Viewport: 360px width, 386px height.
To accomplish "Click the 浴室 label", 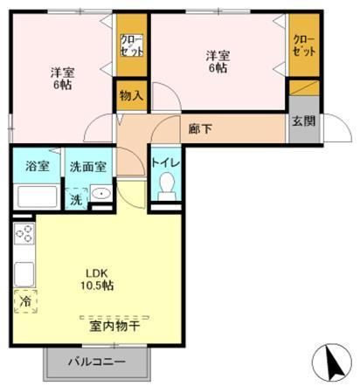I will [x=36, y=166].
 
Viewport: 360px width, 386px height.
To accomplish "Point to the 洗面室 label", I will [x=87, y=166].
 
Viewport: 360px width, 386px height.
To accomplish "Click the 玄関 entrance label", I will [x=303, y=122].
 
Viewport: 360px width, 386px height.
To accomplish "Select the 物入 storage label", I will [x=131, y=96].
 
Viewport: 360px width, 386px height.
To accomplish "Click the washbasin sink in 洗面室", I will [x=101, y=195].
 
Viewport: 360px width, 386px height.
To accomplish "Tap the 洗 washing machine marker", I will [x=76, y=199].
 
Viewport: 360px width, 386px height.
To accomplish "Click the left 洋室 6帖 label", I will [x=62, y=79].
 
